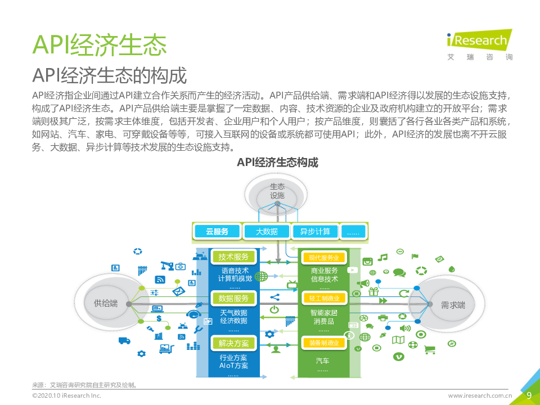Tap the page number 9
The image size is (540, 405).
click(x=528, y=395)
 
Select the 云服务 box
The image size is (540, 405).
click(x=217, y=231)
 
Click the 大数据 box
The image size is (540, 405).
click(x=267, y=231)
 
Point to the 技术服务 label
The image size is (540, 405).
click(x=233, y=257)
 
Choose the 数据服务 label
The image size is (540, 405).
click(x=233, y=298)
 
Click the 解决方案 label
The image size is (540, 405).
click(x=233, y=343)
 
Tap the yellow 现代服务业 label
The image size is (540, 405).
click(x=324, y=258)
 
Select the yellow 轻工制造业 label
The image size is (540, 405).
click(x=324, y=298)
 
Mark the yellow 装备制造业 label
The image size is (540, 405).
click(x=324, y=343)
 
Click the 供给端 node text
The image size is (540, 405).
click(x=106, y=304)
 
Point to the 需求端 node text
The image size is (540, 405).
click(x=453, y=305)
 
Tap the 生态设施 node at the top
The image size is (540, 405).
click(x=277, y=191)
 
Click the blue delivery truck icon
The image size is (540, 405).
click(x=124, y=340)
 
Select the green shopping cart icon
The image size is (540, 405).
click(x=430, y=350)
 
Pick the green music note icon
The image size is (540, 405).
click(x=383, y=258)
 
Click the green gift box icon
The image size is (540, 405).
click(x=373, y=291)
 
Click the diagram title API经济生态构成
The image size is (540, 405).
click(x=277, y=163)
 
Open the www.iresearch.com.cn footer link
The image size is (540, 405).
click(x=480, y=395)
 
